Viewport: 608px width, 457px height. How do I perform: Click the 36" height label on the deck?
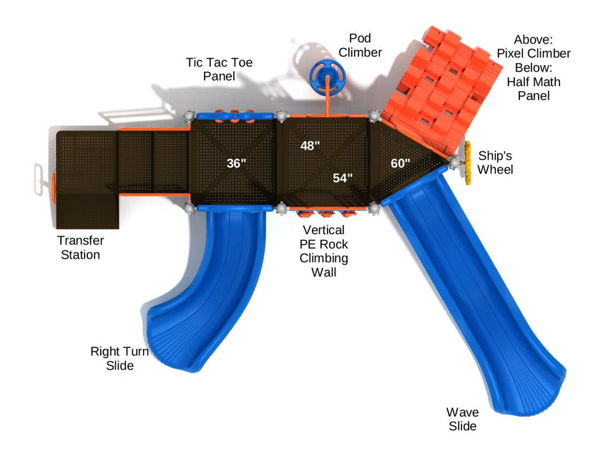(x=236, y=163)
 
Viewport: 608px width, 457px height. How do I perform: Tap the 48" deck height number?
(x=310, y=145)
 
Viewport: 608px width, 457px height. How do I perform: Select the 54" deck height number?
(x=343, y=178)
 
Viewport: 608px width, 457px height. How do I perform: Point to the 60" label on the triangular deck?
(x=401, y=163)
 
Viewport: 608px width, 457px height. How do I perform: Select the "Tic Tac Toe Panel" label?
(x=219, y=69)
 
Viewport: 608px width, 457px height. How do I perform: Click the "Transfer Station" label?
(x=80, y=247)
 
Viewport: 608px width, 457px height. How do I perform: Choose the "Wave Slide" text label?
(x=462, y=419)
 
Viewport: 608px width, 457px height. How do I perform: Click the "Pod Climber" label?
(x=360, y=44)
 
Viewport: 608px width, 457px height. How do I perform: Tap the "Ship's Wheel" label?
(x=495, y=162)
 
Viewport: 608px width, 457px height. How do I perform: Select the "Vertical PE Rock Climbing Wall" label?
(x=324, y=251)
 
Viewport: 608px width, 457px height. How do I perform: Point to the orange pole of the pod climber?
(x=329, y=100)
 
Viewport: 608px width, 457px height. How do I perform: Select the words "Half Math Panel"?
(x=534, y=88)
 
